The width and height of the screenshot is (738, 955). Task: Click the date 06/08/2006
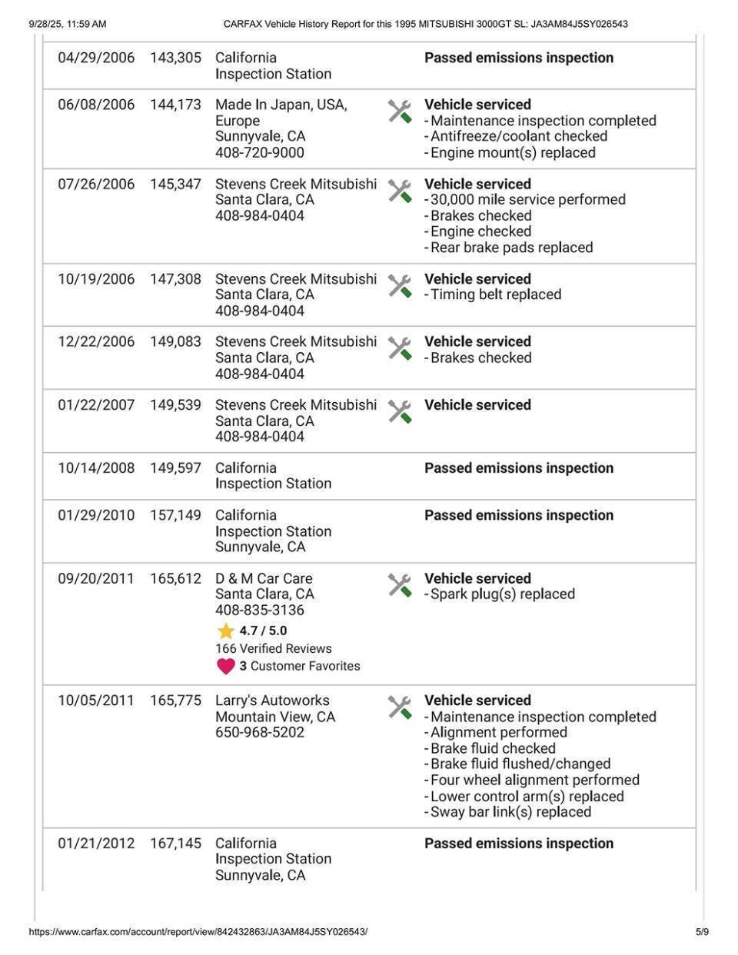96,105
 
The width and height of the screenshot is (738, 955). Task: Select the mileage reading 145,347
175,184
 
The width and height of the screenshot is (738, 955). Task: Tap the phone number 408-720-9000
259,152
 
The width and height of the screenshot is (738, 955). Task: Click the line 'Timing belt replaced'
495,294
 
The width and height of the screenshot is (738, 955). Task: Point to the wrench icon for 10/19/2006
400,286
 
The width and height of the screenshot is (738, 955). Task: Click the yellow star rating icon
225,631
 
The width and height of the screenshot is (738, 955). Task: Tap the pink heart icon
225,666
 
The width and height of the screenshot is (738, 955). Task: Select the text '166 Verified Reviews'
273,648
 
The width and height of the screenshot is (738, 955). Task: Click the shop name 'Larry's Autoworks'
272,700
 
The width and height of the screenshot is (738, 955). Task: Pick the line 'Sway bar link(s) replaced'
510,812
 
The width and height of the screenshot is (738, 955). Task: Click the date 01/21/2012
96,844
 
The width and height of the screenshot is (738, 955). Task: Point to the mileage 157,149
175,515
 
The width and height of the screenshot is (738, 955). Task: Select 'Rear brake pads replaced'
510,248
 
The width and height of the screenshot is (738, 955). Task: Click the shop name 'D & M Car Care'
264,578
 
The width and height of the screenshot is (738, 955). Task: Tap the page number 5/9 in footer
702,932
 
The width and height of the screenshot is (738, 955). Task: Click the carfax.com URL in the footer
198,932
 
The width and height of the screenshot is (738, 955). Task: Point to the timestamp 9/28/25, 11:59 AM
68,24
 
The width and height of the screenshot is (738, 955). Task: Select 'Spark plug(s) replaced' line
501,594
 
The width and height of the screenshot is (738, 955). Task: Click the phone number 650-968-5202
259,732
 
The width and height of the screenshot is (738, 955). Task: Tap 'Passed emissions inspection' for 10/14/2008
519,468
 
